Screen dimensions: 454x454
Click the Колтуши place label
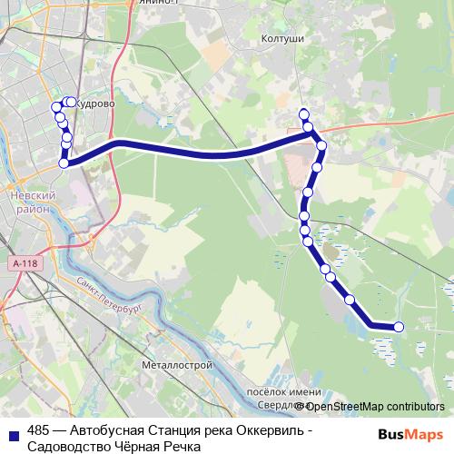pos(281,39)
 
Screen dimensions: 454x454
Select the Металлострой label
pos(177,364)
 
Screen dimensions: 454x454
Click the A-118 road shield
pos(25,262)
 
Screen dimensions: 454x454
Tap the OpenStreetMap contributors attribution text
pos(374,406)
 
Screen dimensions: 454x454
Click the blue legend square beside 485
pos(14,433)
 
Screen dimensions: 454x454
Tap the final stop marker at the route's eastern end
pos(398,327)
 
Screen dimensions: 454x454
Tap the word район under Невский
pos(32,208)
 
